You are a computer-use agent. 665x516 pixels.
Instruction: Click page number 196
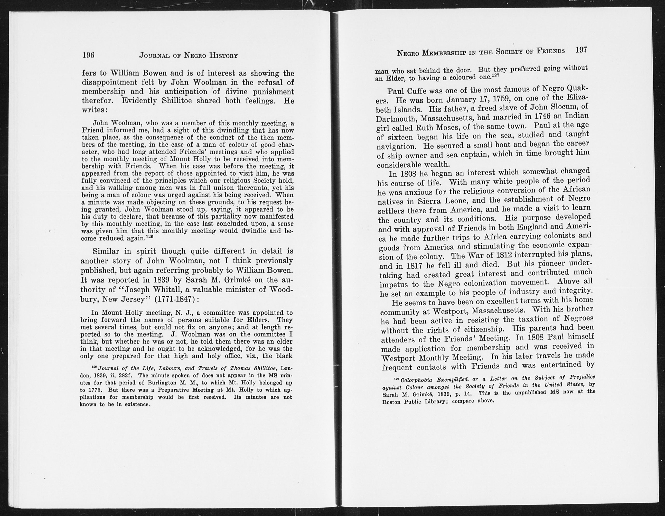coord(89,55)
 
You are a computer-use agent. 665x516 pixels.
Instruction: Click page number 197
coord(581,50)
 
